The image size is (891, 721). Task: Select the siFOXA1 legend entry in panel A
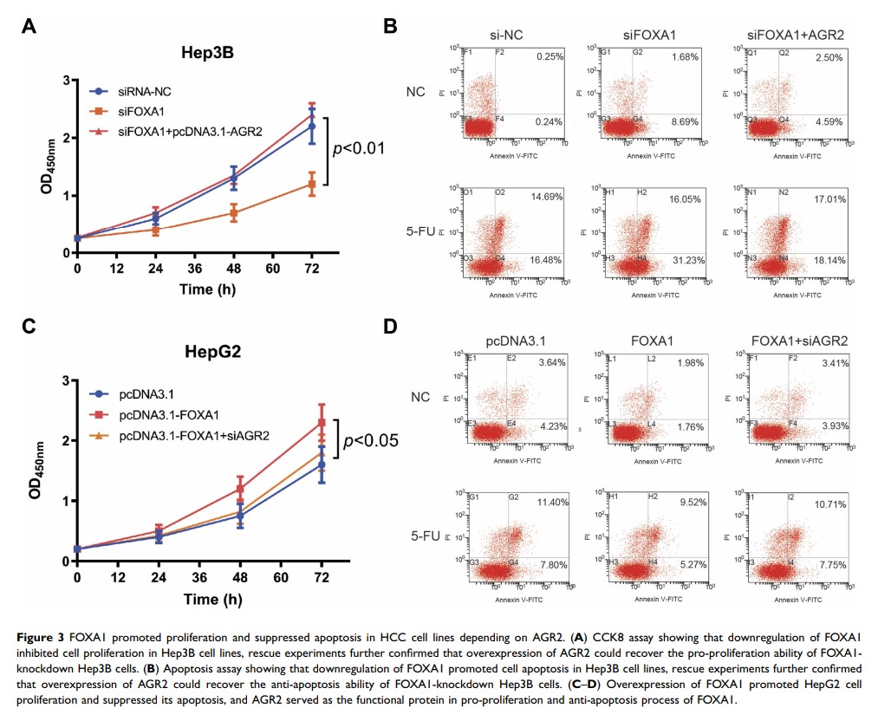coord(143,111)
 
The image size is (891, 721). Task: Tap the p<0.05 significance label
coord(370,441)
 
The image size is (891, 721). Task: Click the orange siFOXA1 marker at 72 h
coord(313,184)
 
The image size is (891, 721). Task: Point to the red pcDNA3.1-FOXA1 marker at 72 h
coord(322,423)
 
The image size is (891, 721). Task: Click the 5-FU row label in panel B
coord(420,231)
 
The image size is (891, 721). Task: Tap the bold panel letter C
coord(29,327)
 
